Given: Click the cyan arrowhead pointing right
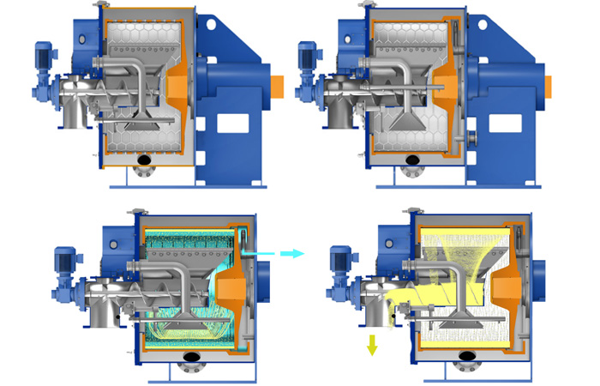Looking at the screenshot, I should (296, 253).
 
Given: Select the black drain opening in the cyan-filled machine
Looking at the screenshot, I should (190, 356).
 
